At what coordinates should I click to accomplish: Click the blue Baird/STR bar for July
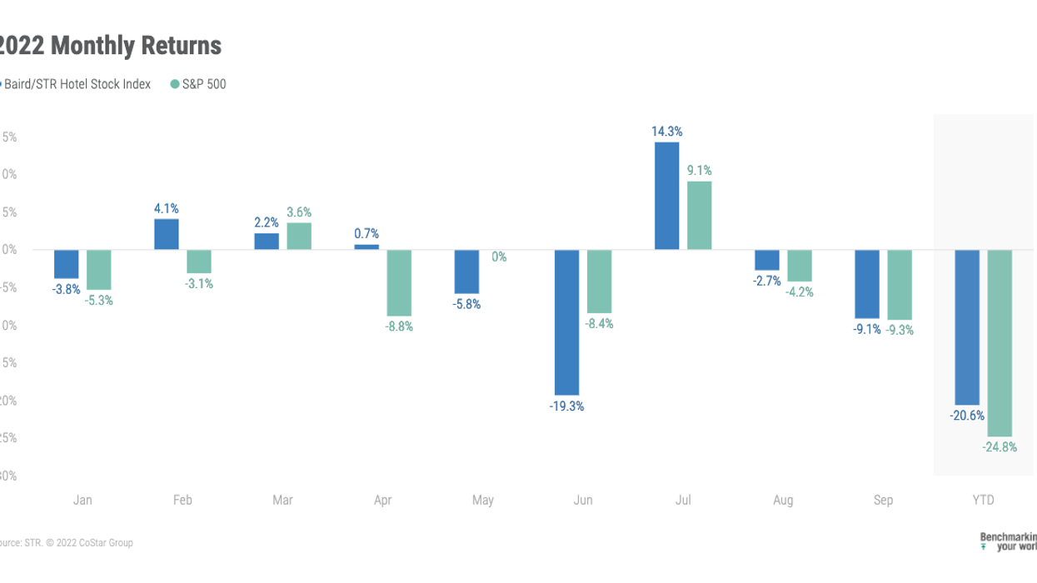[x=666, y=196]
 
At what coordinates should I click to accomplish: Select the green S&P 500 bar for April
[x=400, y=283]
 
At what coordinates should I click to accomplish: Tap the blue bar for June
[x=566, y=322]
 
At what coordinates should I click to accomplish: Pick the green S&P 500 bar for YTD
[x=1000, y=343]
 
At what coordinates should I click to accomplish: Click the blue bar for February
[x=166, y=234]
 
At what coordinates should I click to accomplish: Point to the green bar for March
[x=299, y=237]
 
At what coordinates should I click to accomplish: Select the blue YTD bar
[x=966, y=327]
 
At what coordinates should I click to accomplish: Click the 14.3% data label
[x=667, y=132]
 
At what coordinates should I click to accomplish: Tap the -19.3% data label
[x=566, y=406]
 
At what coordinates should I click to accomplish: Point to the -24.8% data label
[x=1000, y=447]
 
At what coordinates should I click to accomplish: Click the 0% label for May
[x=499, y=257]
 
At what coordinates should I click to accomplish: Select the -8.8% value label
[x=399, y=326]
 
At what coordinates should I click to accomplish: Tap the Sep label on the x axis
[x=883, y=501]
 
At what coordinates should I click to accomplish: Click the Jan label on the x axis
[x=82, y=501]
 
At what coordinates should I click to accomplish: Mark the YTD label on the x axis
[x=983, y=501]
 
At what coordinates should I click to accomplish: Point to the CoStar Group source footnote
[x=67, y=543]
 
